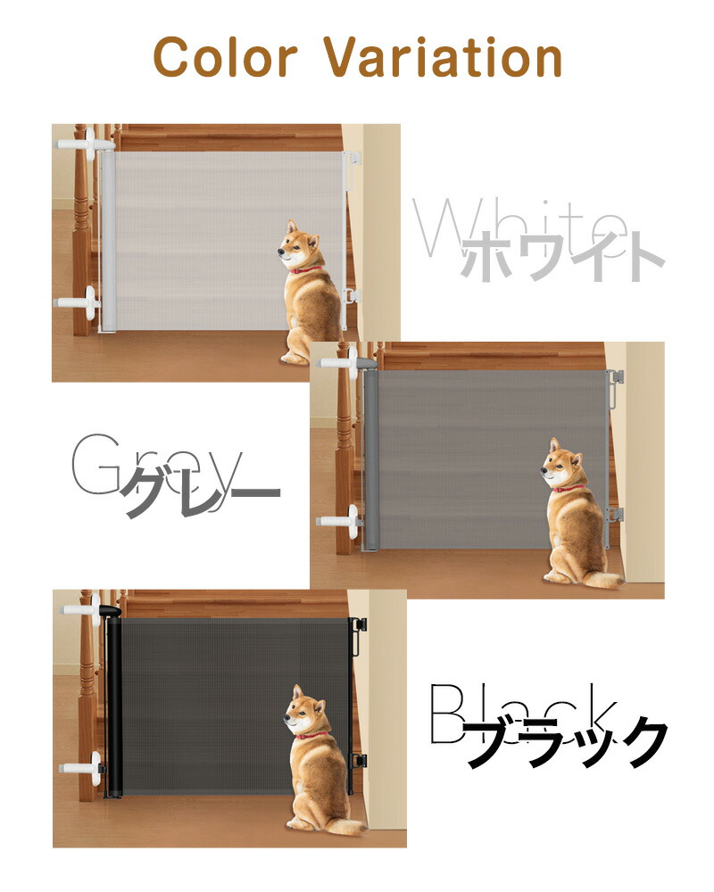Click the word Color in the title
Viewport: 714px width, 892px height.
coord(226,56)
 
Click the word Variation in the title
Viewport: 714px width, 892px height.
coord(443,56)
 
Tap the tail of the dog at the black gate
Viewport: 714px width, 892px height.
coord(348,828)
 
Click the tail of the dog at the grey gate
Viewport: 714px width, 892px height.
coord(606,580)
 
